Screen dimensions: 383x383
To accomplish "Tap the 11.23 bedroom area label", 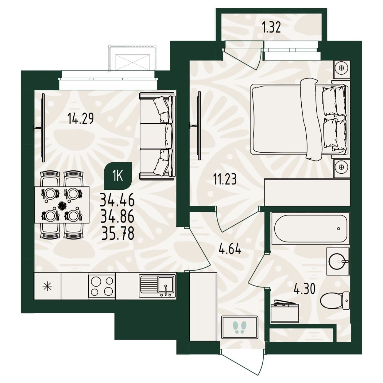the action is (x=224, y=179).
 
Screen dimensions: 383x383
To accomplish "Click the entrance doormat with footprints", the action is (x=239, y=327).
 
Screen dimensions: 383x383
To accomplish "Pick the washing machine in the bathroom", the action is (x=284, y=311).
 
